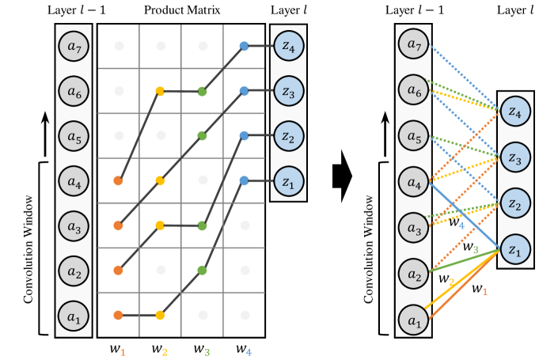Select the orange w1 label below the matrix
118,348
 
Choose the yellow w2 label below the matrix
160,348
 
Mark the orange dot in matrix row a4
118,181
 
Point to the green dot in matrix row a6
202,92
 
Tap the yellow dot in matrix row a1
160,315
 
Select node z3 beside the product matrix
289,91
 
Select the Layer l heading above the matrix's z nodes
289,11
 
